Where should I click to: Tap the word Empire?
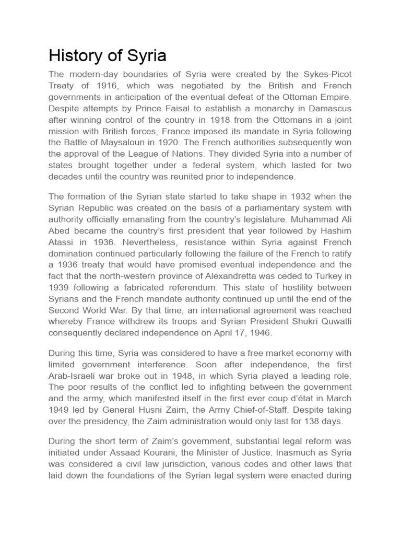(334, 97)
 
